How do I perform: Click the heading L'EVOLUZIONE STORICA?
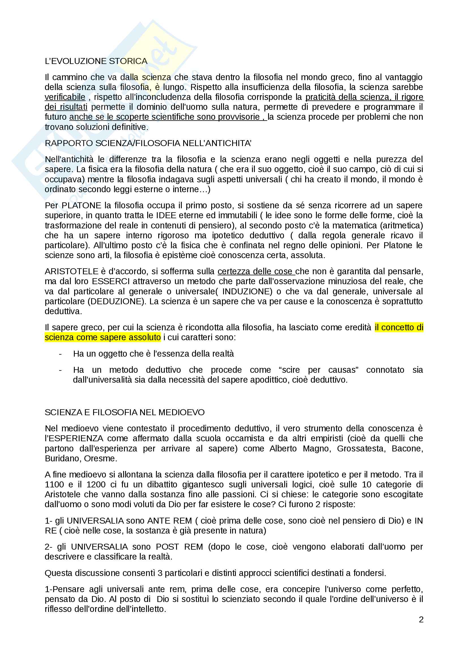(96, 61)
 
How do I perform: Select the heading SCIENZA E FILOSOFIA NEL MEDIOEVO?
(125, 412)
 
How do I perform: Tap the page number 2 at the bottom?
(421, 620)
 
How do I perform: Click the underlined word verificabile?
(65, 97)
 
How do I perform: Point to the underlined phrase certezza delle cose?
(256, 272)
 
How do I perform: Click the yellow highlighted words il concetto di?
(399, 327)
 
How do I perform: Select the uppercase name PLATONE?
(81, 205)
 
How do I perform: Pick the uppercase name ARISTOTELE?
(72, 272)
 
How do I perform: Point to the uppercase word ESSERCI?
(107, 281)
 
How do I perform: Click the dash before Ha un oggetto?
(60, 354)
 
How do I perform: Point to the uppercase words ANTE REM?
(170, 521)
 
